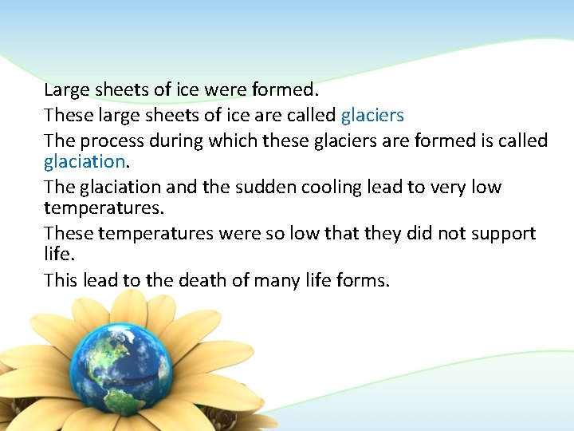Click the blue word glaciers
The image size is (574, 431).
click(x=372, y=116)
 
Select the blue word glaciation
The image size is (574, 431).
click(x=84, y=161)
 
